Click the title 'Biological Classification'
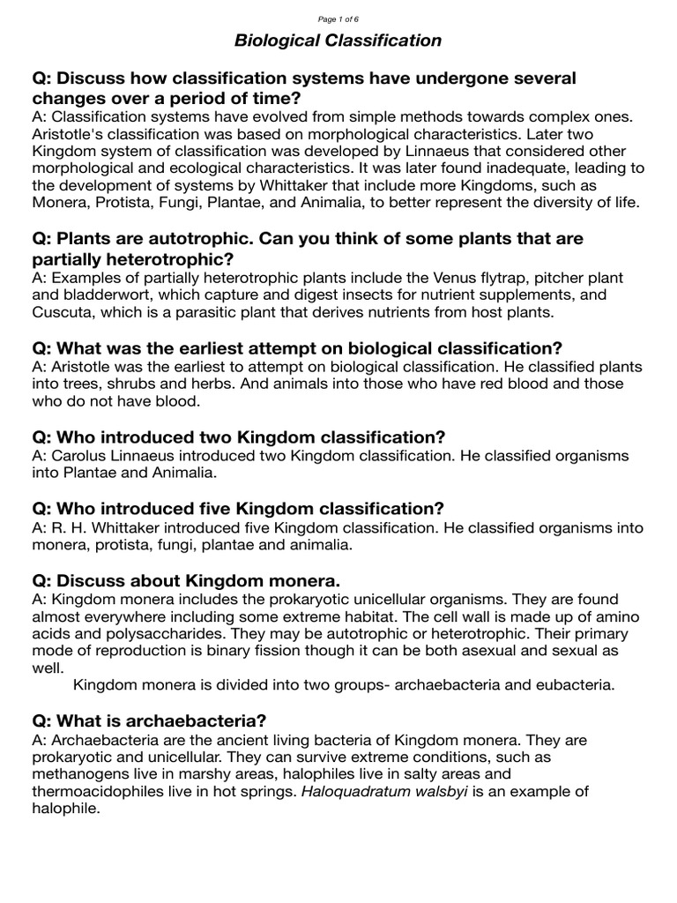point(338,41)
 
